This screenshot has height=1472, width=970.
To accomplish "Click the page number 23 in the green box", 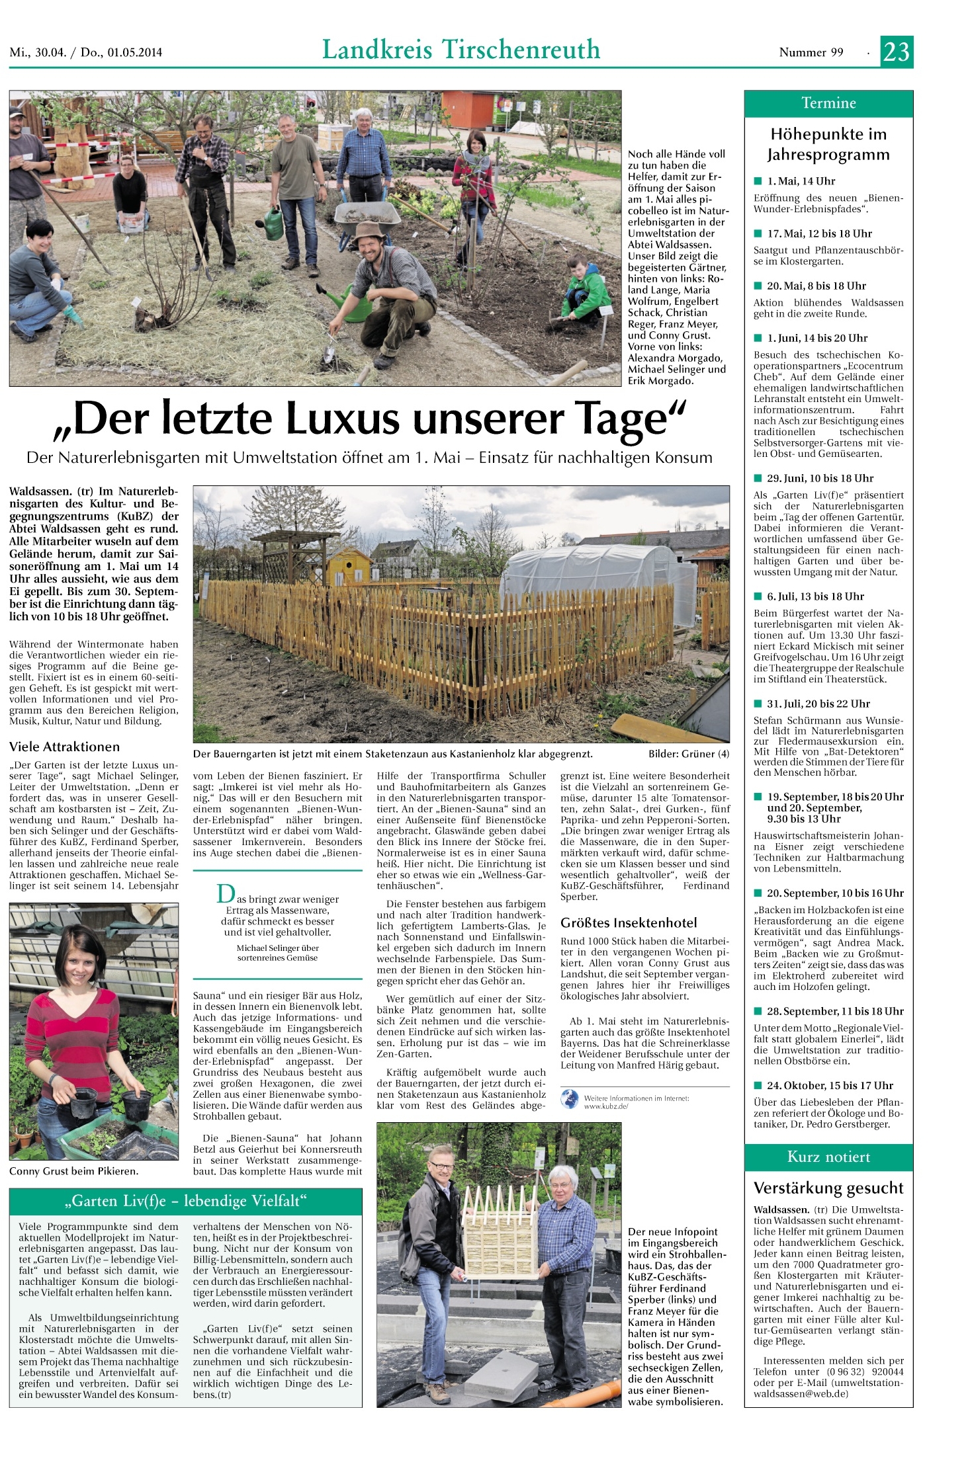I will [896, 52].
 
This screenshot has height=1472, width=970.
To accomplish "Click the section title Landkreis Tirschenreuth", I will [461, 50].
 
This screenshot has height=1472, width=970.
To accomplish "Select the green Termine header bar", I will [828, 103].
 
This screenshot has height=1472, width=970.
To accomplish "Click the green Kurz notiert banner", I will [828, 1157].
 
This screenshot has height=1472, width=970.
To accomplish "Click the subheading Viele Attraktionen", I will [64, 747].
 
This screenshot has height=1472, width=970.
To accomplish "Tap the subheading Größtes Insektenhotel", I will [629, 922].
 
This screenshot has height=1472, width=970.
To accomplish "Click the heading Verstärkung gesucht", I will [828, 1188].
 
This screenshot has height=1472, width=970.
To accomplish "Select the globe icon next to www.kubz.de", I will [570, 1100].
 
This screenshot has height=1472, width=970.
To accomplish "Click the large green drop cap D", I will [226, 895].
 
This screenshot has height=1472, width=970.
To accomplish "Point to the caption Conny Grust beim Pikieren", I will [73, 1170].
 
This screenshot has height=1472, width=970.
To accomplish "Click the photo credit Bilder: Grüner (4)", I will [689, 754].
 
